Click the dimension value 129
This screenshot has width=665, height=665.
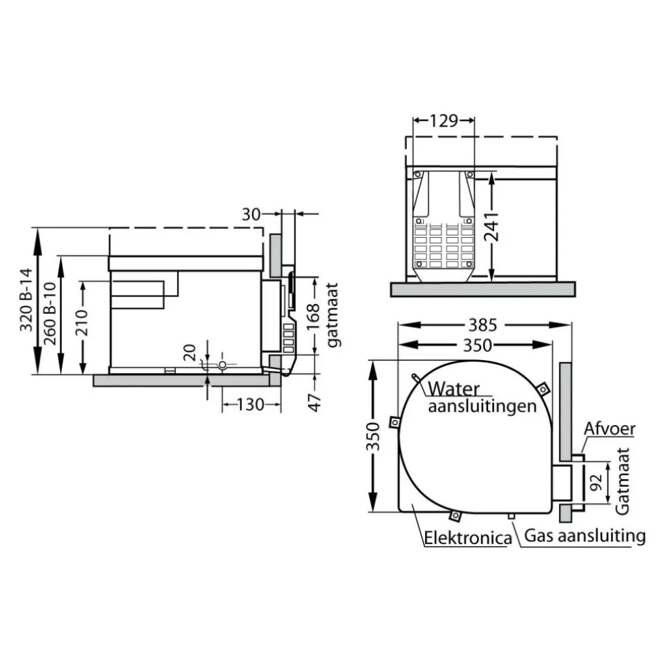[444, 121]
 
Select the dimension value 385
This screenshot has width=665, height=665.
[484, 325]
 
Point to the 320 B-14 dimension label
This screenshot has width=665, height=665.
[26, 300]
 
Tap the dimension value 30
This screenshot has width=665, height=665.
[251, 214]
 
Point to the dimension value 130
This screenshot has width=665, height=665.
[251, 405]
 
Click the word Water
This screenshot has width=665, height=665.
[454, 389]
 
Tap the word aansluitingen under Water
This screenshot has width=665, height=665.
[483, 406]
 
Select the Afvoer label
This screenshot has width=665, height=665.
[610, 429]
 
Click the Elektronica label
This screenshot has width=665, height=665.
[466, 539]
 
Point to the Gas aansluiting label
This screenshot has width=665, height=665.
[585, 537]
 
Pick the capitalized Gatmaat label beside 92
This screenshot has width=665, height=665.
[623, 480]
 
